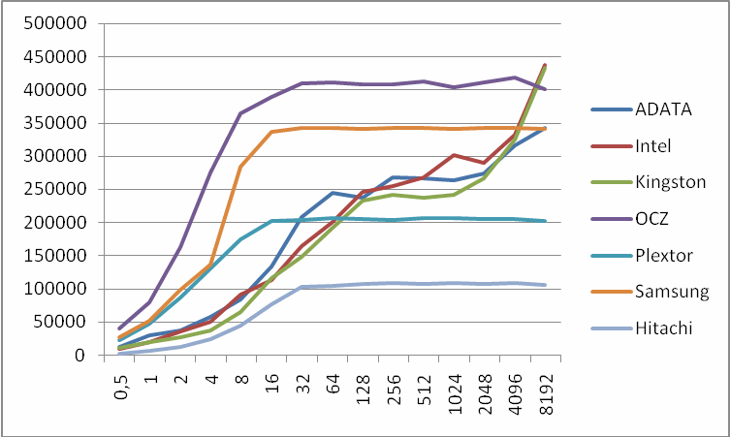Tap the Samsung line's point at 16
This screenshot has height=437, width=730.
tap(271, 132)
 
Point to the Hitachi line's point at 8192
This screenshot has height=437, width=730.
tap(544, 285)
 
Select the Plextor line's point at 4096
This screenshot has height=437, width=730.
tap(514, 219)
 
